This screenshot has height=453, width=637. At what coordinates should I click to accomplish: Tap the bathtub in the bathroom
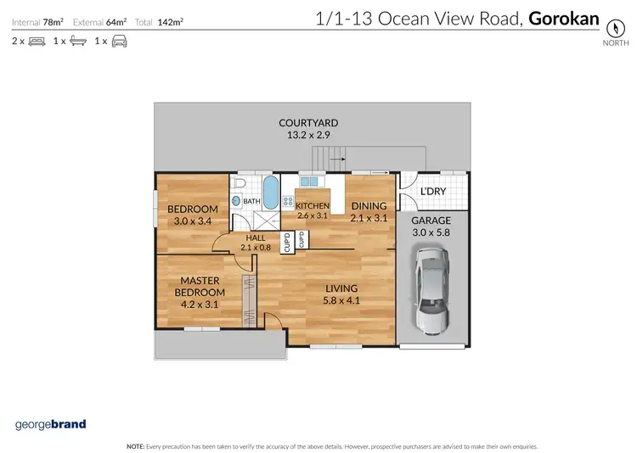(x=270, y=194)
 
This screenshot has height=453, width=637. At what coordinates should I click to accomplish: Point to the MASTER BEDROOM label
(x=200, y=287)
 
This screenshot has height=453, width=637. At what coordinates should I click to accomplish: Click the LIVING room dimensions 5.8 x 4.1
(x=341, y=299)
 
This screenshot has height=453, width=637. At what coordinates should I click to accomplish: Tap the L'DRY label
(x=433, y=192)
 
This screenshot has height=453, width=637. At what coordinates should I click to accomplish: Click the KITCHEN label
(x=311, y=205)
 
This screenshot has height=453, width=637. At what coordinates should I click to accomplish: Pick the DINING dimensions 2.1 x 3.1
(x=368, y=217)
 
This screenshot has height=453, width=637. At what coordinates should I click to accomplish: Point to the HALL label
(x=256, y=238)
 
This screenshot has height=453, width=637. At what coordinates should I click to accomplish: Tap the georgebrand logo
(x=51, y=423)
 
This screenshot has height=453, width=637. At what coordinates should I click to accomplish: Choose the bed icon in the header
(x=37, y=41)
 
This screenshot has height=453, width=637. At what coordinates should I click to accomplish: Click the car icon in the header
(x=119, y=41)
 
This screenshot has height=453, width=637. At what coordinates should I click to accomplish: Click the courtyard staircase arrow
(x=335, y=158)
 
